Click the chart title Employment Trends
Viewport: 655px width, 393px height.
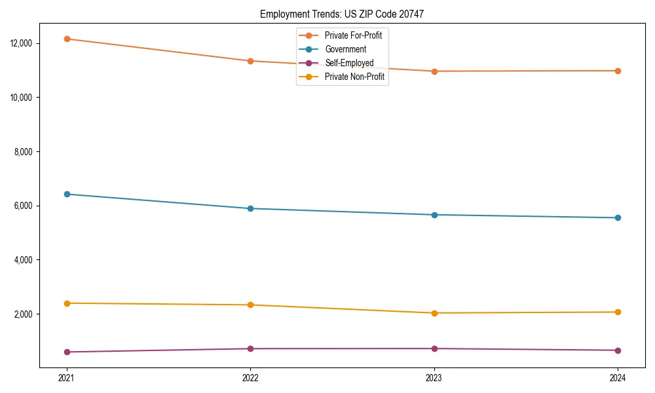point(342,14)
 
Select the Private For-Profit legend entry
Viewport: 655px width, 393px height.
point(353,35)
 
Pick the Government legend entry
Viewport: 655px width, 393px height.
point(345,49)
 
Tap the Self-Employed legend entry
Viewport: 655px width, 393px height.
point(348,64)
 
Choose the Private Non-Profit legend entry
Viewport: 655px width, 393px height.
point(354,77)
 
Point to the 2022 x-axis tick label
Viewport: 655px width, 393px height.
point(250,377)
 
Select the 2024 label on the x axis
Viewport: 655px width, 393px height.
point(618,377)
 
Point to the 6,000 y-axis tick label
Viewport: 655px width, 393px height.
point(24,206)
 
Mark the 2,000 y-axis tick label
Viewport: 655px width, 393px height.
point(24,314)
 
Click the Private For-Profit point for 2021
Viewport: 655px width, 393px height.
point(67,39)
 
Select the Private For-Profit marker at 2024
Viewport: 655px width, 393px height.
point(618,71)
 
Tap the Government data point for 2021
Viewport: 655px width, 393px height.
point(67,194)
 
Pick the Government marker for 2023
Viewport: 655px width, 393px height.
point(434,215)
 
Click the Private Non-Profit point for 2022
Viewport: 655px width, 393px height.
point(250,305)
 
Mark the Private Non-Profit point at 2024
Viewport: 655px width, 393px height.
point(618,312)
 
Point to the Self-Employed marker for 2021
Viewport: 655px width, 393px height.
point(67,352)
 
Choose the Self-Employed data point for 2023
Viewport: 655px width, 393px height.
point(434,348)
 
